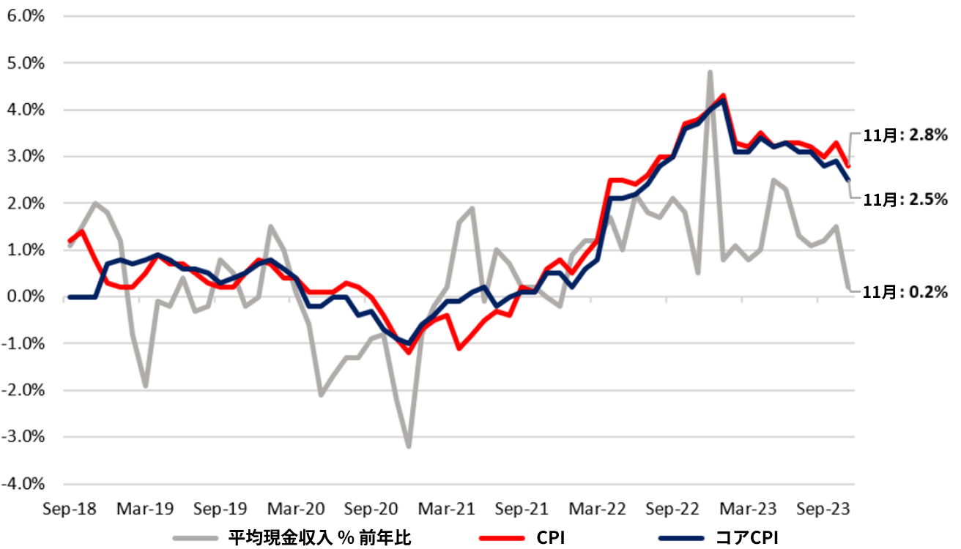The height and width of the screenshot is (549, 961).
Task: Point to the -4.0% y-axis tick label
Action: pyautogui.click(x=26, y=484)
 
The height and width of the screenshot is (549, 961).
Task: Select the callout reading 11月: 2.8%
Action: pyautogui.click(x=905, y=135)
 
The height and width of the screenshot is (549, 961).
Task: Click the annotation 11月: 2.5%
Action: pyautogui.click(x=905, y=198)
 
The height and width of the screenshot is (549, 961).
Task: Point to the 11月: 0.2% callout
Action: pyautogui.click(x=905, y=292)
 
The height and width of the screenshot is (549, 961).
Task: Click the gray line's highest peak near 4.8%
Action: pyautogui.click(x=710, y=72)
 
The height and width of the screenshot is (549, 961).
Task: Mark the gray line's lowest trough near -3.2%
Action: pyautogui.click(x=408, y=447)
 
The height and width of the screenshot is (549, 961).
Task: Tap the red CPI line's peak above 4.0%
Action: pyautogui.click(x=723, y=95)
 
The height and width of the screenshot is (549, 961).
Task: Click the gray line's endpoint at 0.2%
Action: pyautogui.click(x=848, y=288)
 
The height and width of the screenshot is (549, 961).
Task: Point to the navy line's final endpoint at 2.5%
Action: pyautogui.click(x=848, y=180)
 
